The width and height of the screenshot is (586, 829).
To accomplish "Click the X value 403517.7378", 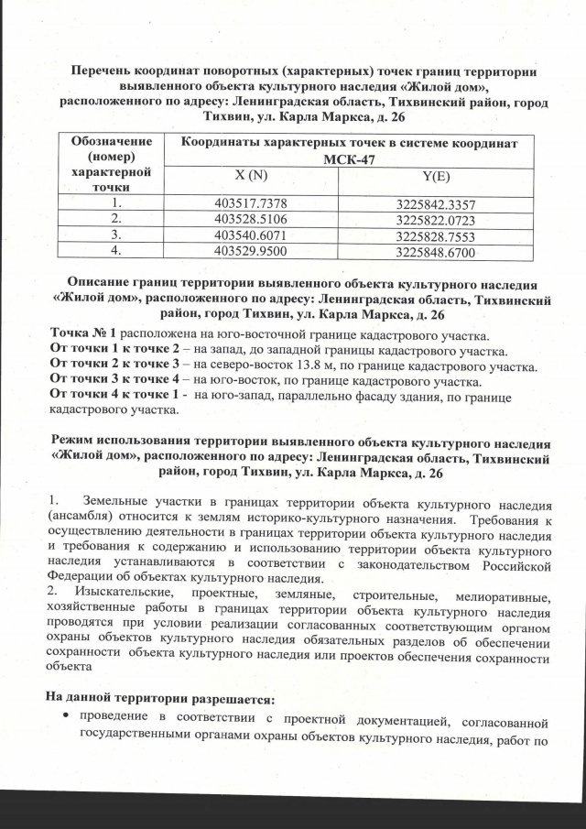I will click(x=250, y=204).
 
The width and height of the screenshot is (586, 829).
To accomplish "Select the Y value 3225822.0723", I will click(x=436, y=220).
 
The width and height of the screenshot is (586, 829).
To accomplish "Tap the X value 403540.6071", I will click(x=250, y=235).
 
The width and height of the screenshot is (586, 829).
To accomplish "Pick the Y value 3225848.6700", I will click(x=436, y=251).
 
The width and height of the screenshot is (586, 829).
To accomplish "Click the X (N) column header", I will click(x=250, y=175).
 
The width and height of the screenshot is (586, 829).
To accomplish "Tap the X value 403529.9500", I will click(x=250, y=251).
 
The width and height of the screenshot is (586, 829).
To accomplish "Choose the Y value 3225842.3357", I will click(x=436, y=204).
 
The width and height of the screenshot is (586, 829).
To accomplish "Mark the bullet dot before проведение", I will click(x=64, y=715).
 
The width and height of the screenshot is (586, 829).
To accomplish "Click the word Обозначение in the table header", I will click(x=111, y=142).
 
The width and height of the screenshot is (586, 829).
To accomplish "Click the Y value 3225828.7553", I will click(x=436, y=235).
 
